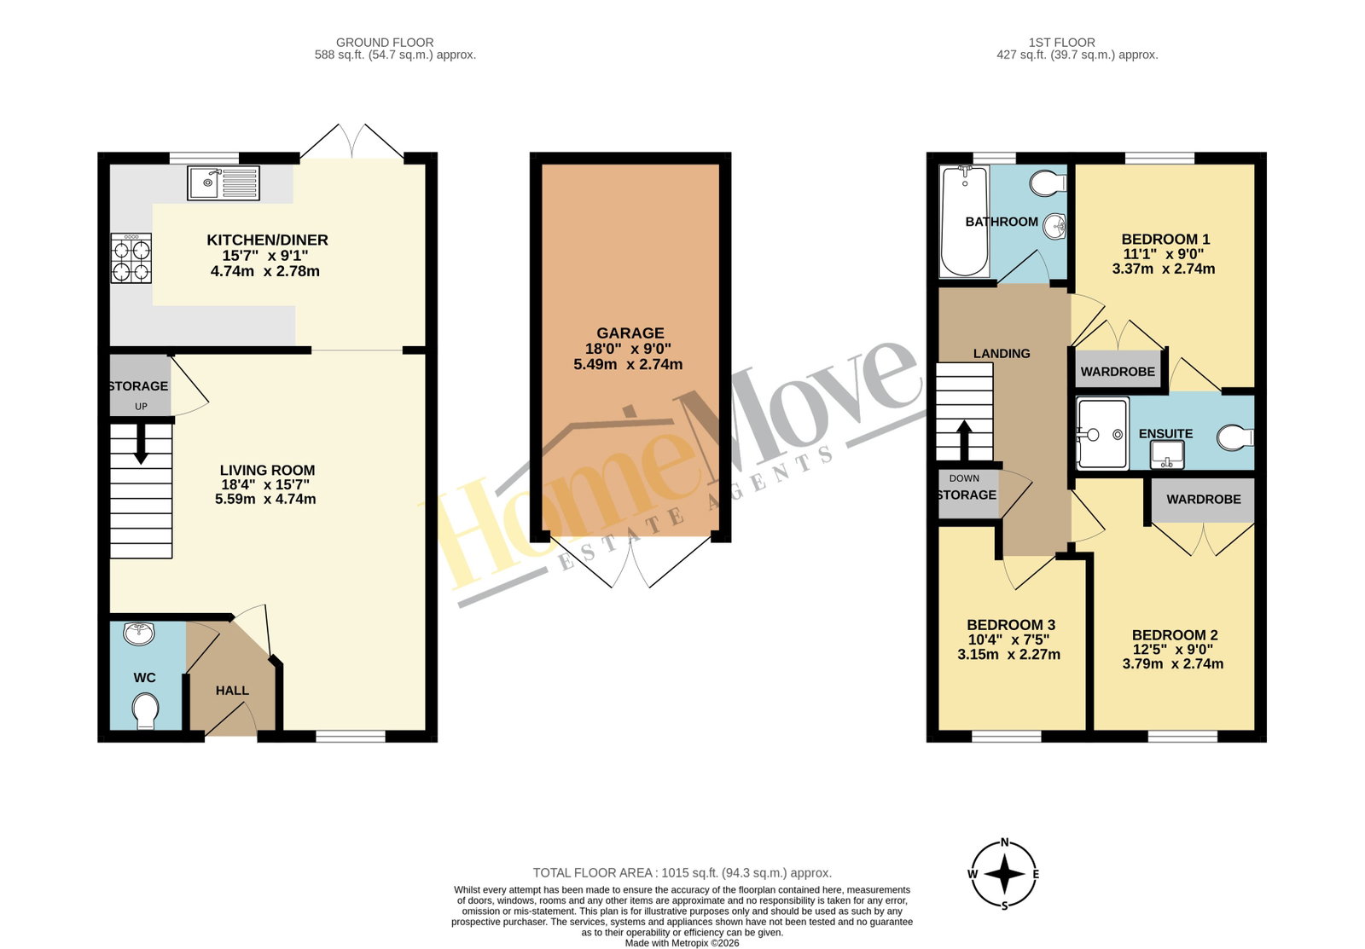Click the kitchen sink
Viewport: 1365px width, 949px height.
(x=224, y=182)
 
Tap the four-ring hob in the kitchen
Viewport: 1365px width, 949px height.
(x=131, y=258)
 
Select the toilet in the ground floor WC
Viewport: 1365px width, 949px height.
(x=145, y=710)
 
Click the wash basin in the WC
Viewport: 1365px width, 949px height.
(x=139, y=634)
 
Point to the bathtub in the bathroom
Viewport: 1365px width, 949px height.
(x=965, y=221)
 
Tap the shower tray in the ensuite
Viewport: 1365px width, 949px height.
(x=1102, y=434)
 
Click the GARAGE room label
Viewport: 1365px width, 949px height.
(x=630, y=333)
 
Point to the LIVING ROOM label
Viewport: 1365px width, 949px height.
(x=268, y=470)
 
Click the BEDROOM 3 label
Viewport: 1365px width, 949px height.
(x=1011, y=625)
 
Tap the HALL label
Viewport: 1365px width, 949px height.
(x=232, y=691)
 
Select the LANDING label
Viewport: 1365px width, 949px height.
(x=1002, y=353)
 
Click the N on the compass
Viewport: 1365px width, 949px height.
(x=1005, y=842)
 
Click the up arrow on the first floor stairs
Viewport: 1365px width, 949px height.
(x=964, y=440)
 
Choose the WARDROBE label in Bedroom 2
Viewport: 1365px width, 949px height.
(x=1204, y=500)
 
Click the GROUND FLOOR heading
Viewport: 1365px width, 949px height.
(x=385, y=43)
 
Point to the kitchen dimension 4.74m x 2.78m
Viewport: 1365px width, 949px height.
(x=265, y=272)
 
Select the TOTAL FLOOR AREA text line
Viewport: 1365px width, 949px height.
(x=682, y=873)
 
